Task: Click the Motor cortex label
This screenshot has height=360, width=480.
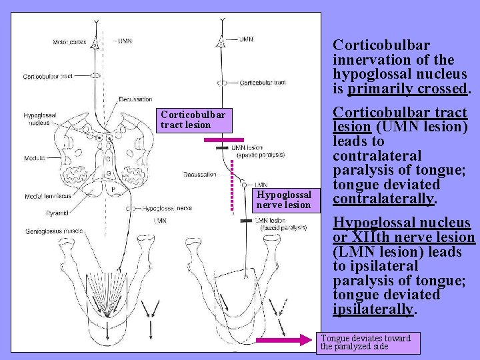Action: coord(71,43)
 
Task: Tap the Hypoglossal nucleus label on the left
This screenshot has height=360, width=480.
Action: coord(39,119)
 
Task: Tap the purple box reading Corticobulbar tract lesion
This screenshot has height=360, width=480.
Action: coord(193,120)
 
